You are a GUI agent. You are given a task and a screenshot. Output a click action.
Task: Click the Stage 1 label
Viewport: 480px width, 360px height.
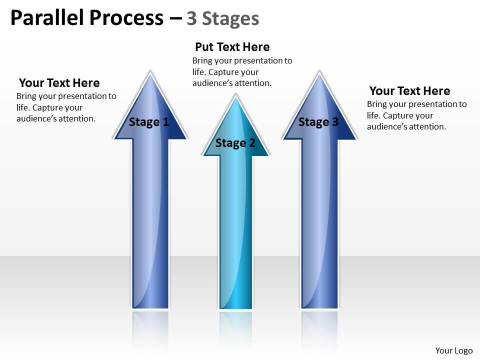149,122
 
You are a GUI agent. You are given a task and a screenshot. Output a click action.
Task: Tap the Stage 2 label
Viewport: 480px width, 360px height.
235,143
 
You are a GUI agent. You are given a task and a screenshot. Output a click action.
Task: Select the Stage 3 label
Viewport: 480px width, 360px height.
318,122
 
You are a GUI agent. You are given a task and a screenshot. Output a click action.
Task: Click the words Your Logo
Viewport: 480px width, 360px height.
454,350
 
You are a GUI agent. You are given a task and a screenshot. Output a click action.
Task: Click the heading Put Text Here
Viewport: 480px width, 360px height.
232,47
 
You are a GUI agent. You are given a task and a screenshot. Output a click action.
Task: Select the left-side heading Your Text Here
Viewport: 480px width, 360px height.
59,83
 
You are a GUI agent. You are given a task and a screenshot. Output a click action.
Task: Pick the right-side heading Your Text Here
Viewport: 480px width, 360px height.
409,91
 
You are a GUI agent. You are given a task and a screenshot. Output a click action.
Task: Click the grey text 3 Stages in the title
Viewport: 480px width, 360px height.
223,18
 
